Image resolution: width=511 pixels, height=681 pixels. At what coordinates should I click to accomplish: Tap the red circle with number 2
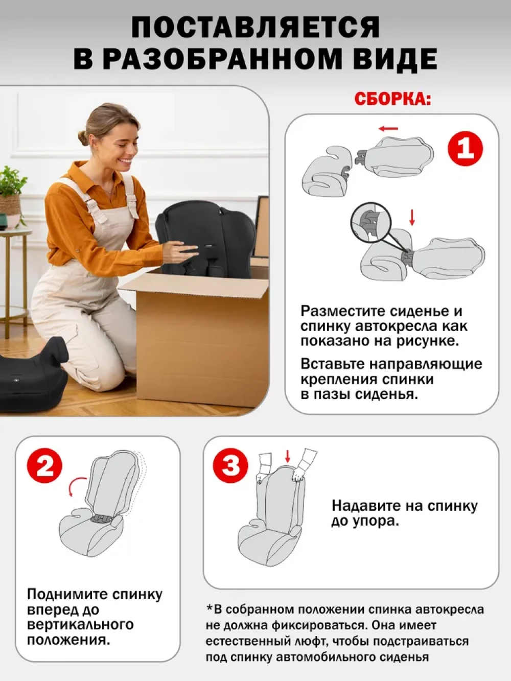[44, 466]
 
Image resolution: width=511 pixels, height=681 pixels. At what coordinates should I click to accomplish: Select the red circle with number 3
[230, 466]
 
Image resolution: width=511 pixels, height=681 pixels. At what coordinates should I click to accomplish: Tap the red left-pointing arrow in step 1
[388, 128]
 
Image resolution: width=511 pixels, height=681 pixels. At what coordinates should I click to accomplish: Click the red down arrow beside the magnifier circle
[412, 217]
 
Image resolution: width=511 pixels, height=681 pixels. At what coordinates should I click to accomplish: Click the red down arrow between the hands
[288, 456]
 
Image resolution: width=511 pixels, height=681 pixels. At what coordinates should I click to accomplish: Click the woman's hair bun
[83, 138]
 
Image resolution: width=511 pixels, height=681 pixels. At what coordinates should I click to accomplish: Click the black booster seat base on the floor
[33, 374]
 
